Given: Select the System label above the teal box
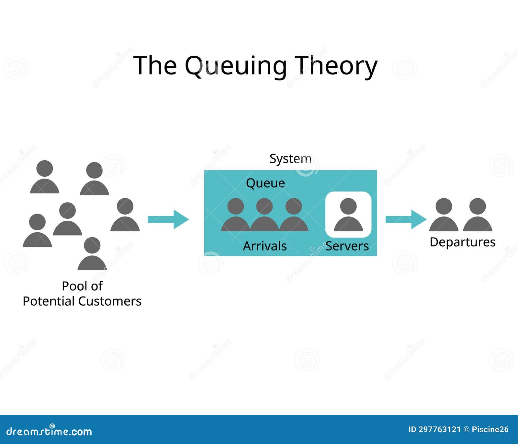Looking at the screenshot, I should point(290,159).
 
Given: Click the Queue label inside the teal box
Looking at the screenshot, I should point(265,183).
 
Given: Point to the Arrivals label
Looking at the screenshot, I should point(265,246).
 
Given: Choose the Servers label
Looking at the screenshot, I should point(347,246).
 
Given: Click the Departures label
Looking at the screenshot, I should point(462,242).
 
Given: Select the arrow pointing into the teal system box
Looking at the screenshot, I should point(168,219).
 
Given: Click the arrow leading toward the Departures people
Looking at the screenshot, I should point(405,219).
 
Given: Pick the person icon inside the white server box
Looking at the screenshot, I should point(348,215).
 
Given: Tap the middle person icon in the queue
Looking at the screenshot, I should point(265,215).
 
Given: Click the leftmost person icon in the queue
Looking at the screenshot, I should point(235,215).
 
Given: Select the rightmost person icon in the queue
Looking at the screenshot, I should point(294,215).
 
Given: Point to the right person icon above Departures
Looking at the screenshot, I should point(478,215).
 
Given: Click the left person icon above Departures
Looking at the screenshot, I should point(444,215).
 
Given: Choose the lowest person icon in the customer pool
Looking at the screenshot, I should point(92,254).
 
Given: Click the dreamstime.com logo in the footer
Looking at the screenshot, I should point(49,431).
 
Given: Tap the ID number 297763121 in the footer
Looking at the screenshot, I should point(439,430).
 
